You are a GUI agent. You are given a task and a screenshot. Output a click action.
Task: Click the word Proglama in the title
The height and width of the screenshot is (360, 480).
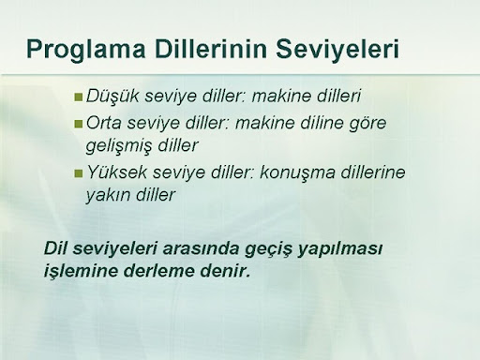86,50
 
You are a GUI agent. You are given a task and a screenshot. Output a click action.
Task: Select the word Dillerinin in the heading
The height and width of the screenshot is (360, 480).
211,49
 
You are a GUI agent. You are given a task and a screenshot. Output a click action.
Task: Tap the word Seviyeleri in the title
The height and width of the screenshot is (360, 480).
337,50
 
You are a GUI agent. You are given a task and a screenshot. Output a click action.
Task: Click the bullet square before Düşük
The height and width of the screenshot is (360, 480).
78,97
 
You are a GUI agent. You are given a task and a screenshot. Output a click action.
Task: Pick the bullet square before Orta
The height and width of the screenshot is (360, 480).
78,124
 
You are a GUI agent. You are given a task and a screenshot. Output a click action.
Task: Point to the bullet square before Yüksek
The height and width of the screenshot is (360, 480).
78,173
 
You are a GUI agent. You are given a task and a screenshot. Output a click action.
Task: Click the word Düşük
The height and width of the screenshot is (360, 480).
112,97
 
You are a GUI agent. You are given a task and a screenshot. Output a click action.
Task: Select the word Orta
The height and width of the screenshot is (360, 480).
103,123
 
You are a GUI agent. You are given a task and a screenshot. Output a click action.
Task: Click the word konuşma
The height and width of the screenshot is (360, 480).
297,172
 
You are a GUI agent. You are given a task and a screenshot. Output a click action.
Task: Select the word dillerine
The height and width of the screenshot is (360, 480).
373,172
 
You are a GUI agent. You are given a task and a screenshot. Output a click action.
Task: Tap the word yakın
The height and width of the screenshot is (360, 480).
108,196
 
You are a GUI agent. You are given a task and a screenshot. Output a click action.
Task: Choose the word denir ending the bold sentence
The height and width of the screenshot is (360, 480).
225,270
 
